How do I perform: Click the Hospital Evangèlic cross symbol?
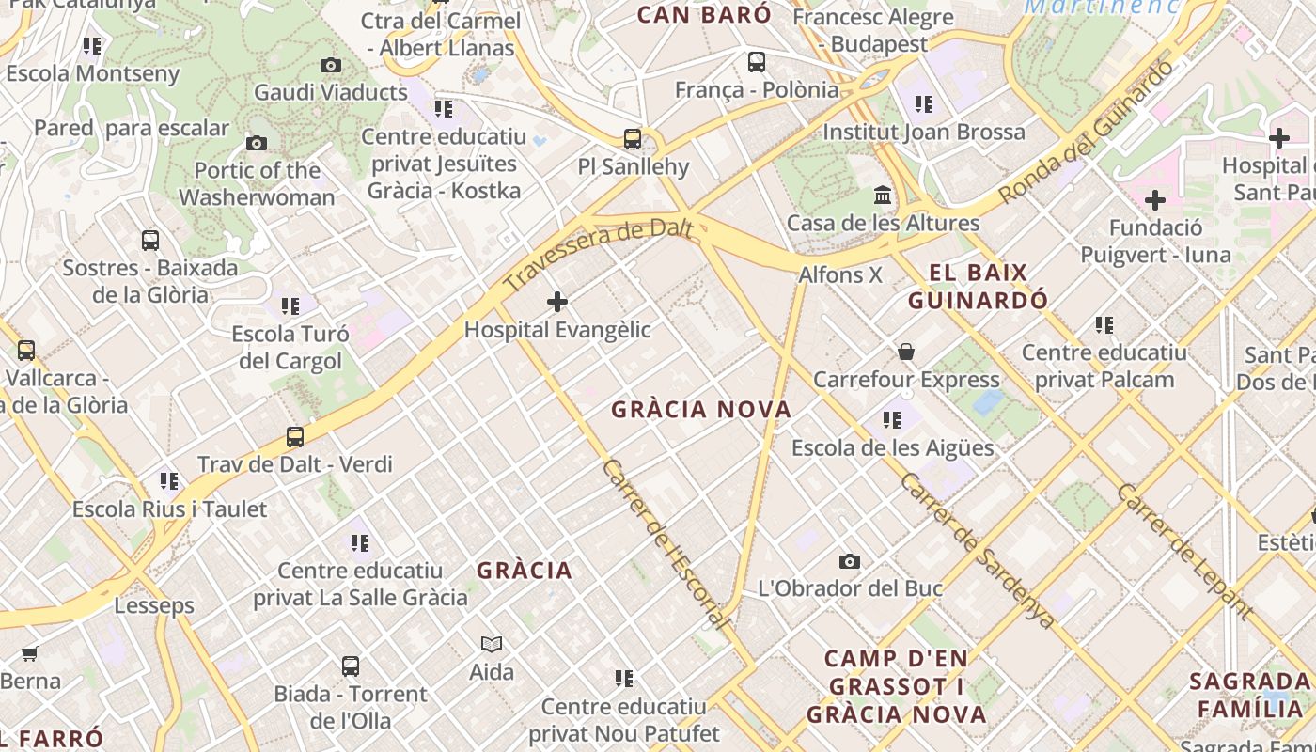point(557,302)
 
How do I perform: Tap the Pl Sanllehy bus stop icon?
point(633,139)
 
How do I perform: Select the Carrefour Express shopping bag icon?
point(906,352)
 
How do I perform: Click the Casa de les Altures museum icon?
point(883,196)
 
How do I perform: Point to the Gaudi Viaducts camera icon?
point(331,65)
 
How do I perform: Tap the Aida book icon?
point(492,644)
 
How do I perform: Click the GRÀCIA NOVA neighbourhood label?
point(701,410)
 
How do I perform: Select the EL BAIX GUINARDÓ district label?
point(978,287)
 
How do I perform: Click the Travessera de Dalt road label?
point(598,255)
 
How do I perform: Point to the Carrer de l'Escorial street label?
point(665,543)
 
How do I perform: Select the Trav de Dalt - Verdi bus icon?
point(295,437)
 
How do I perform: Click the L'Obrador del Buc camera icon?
point(850,561)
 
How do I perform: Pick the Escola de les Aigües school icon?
point(891,420)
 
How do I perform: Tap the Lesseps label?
point(154,605)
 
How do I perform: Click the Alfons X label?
point(840,274)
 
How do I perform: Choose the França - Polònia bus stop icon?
point(757,63)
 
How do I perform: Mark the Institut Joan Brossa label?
point(924,132)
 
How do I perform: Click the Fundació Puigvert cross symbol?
point(1155,200)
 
